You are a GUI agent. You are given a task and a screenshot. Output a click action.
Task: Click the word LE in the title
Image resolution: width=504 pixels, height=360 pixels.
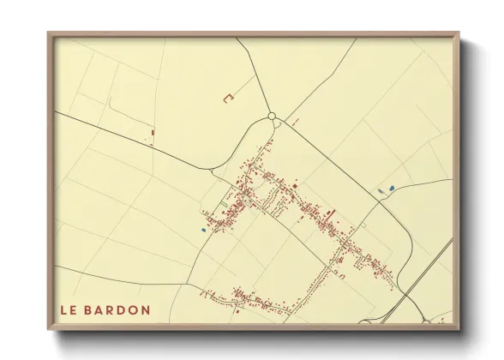(x=69, y=309)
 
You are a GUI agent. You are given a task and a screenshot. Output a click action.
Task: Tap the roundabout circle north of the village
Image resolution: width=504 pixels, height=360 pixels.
(x=272, y=117)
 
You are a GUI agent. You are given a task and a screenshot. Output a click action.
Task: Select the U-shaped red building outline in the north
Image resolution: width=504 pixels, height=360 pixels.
(x=228, y=99)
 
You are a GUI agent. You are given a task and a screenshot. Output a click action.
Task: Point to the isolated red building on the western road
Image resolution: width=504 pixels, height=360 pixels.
(x=152, y=132)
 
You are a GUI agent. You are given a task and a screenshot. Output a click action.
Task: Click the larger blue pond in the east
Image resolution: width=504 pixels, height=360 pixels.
(x=392, y=188)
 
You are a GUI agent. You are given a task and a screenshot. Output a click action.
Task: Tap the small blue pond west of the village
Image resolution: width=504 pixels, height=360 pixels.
(x=203, y=229)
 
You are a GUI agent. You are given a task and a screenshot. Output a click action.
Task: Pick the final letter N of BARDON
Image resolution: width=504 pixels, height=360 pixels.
(x=147, y=309)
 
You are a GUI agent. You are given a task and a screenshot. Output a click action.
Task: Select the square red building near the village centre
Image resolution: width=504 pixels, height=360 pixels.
(x=294, y=183)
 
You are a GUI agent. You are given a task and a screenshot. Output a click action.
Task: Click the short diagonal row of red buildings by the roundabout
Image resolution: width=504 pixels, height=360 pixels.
(x=290, y=123)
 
